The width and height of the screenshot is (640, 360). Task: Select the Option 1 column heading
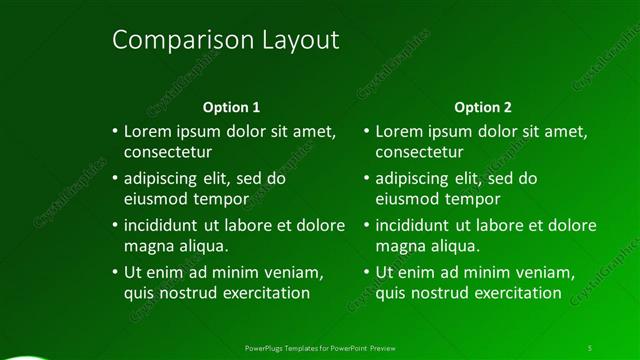231,106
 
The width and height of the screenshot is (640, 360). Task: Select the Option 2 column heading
482,106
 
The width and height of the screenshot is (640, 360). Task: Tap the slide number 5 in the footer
589,347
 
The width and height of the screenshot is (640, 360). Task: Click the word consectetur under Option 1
168,153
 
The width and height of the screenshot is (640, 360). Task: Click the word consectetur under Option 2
419,153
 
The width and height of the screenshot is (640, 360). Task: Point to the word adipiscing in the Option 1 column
163,179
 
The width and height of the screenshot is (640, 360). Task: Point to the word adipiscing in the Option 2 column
414,179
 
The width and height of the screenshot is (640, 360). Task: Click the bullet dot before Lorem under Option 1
114,131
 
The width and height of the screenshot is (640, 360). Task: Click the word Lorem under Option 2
398,131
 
